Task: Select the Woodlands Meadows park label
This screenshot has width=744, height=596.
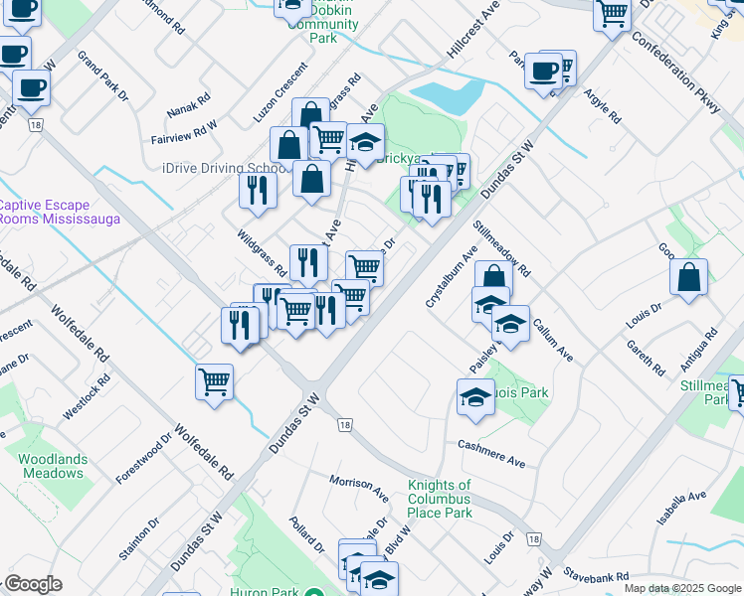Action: point(52,466)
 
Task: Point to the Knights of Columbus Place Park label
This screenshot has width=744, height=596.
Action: point(440,499)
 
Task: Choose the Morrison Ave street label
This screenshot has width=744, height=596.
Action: point(359,487)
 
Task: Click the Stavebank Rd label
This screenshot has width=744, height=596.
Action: point(595,576)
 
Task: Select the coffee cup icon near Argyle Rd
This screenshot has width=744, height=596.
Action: point(542,71)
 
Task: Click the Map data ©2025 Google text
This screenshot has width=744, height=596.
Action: point(681,588)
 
